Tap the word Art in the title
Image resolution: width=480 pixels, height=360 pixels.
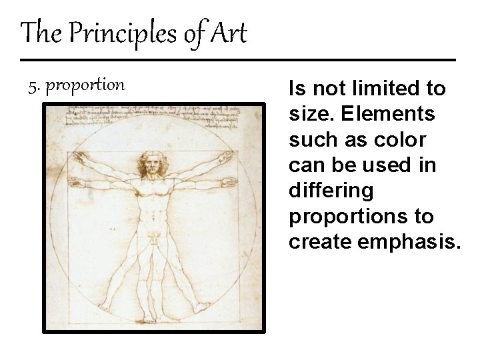pos(229,33)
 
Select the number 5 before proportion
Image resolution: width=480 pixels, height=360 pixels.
pos(33,85)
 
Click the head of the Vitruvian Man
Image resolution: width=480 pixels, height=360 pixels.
pos(153,162)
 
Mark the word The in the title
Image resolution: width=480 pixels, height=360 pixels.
pos(39,33)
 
